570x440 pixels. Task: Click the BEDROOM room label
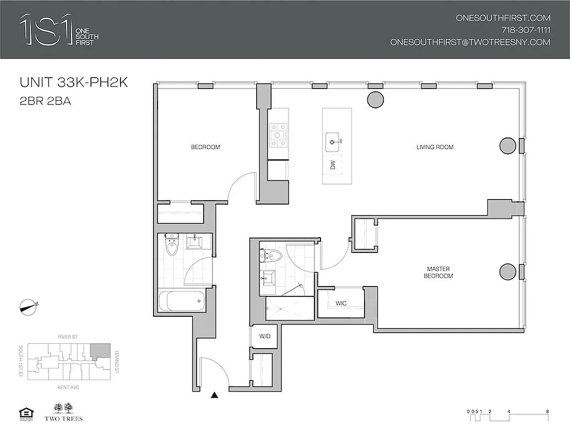click(x=205, y=147)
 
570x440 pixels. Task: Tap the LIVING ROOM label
click(x=435, y=147)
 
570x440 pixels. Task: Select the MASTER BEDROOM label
click(x=439, y=272)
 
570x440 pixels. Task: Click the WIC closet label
click(x=341, y=303)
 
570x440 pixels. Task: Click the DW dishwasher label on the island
click(x=332, y=164)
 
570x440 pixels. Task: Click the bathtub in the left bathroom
click(x=182, y=301)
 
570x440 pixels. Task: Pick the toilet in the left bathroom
click(x=172, y=246)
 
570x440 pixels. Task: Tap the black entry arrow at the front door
click(x=215, y=394)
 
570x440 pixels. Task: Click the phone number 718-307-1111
click(x=526, y=30)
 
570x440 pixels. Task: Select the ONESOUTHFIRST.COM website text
click(x=503, y=18)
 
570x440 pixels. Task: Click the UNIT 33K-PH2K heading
click(x=73, y=83)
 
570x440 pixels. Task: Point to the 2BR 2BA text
click(x=46, y=101)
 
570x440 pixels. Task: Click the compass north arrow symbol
click(x=28, y=307)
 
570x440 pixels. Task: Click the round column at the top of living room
click(x=375, y=100)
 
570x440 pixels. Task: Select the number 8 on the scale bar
click(x=547, y=411)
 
